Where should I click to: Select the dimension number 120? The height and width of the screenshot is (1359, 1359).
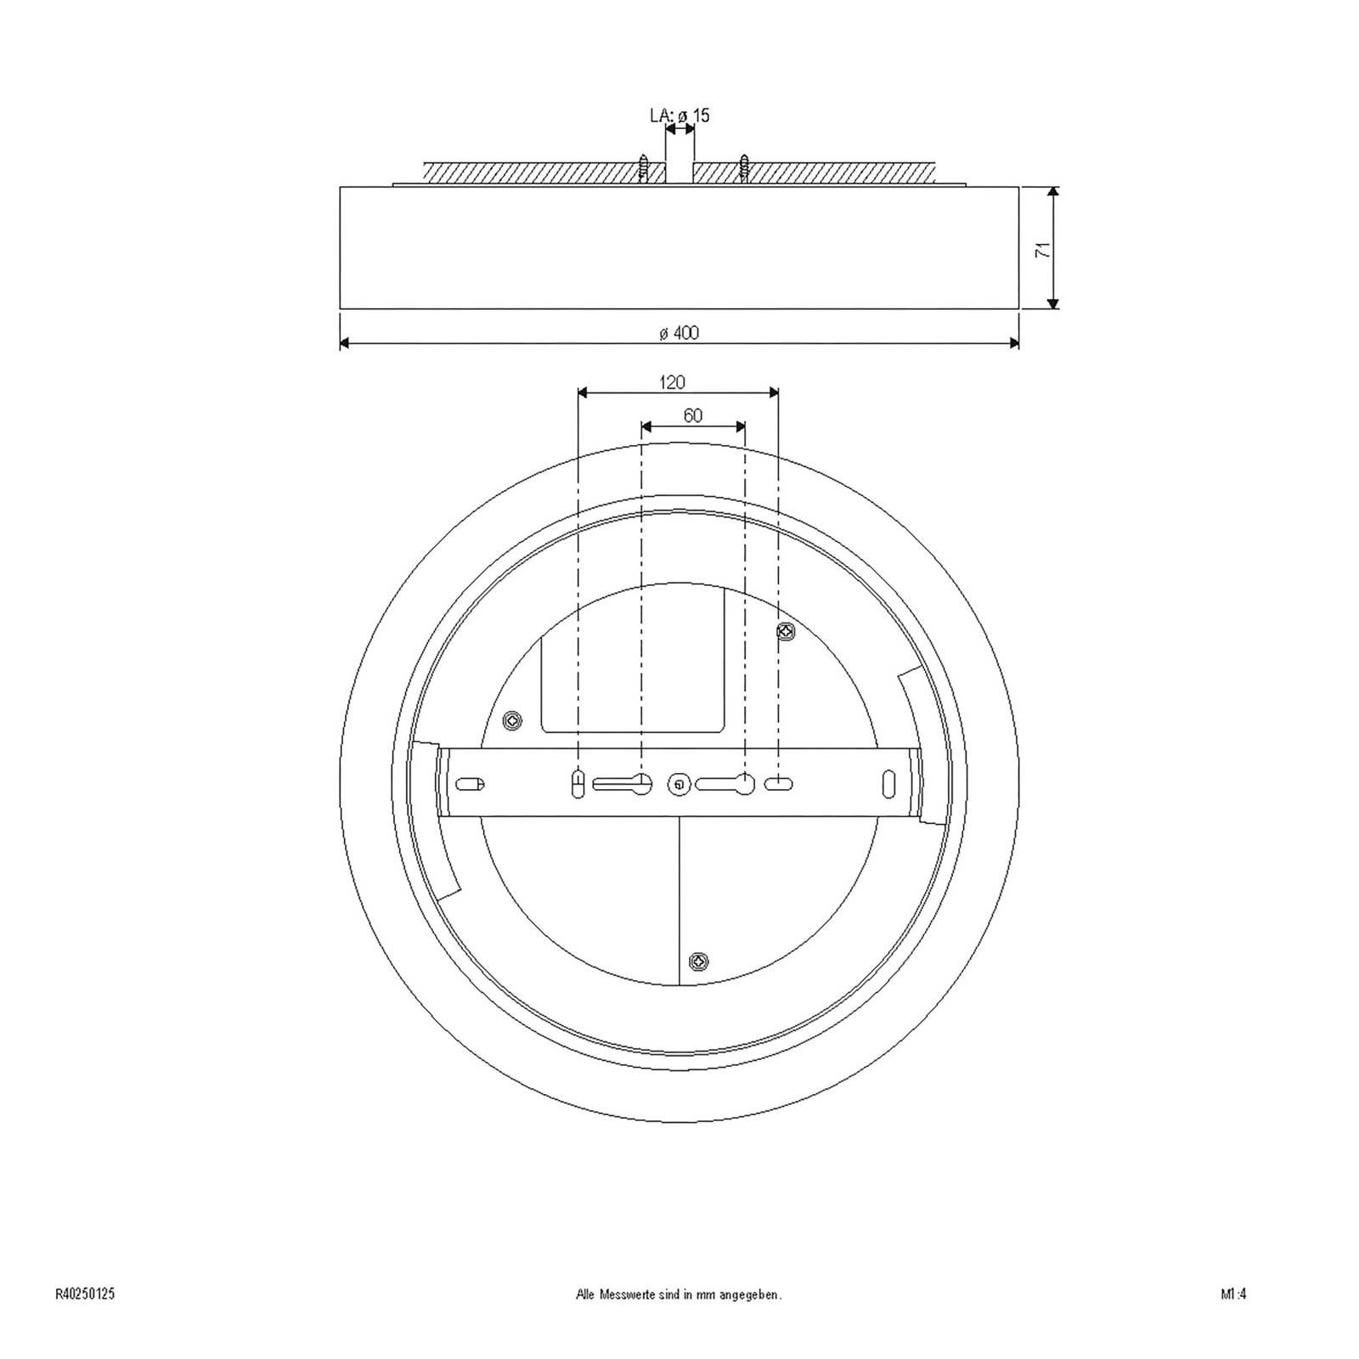coord(672,382)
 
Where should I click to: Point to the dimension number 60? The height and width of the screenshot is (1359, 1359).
coord(692,415)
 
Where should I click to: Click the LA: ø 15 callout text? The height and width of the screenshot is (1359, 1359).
coord(679,116)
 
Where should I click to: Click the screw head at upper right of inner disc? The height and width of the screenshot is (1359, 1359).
coord(786,631)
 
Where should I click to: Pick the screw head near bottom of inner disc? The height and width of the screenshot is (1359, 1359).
coord(699,961)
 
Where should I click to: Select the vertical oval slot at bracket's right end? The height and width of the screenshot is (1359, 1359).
coord(888,783)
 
